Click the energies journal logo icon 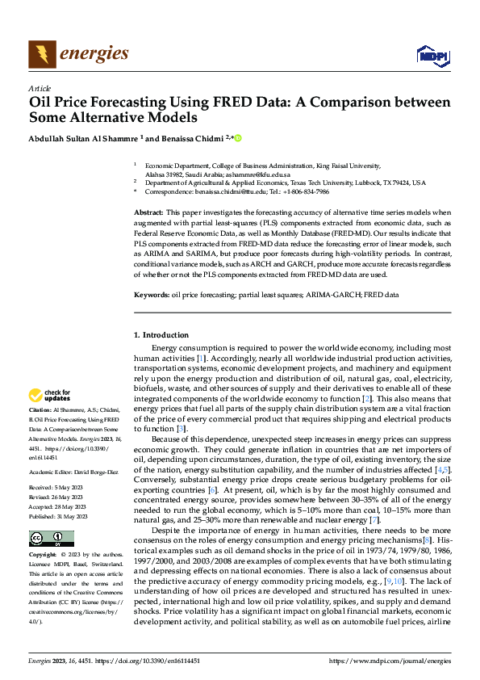pos(41,54)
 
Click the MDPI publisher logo pos(432,55)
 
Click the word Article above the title pos(40,88)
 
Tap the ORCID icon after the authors pos(238,138)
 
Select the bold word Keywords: pos(152,296)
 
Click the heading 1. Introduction pos(161,334)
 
